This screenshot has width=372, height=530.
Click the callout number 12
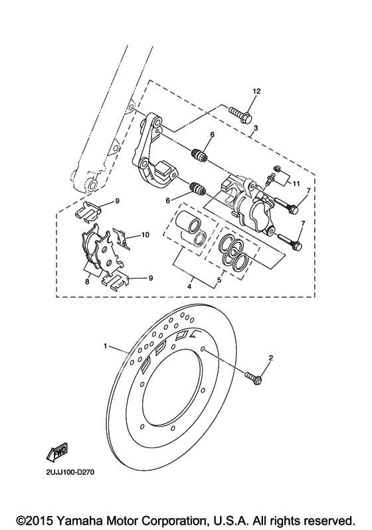click(x=256, y=91)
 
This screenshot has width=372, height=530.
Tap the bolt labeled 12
click(x=240, y=114)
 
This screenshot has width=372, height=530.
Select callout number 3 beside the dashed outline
click(x=256, y=128)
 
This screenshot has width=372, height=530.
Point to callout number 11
click(x=296, y=184)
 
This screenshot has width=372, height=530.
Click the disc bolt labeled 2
click(x=254, y=378)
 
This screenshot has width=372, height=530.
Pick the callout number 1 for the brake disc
click(x=106, y=346)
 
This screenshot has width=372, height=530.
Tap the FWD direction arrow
click(x=57, y=452)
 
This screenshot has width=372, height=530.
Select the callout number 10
click(x=145, y=235)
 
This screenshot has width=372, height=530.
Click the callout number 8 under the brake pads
click(x=87, y=281)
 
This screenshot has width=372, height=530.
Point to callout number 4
click(x=189, y=287)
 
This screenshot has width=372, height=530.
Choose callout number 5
click(x=219, y=280)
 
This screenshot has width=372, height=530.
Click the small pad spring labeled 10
click(x=122, y=238)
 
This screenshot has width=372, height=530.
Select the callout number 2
click(x=271, y=358)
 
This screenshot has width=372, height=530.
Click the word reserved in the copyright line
click(x=329, y=520)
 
